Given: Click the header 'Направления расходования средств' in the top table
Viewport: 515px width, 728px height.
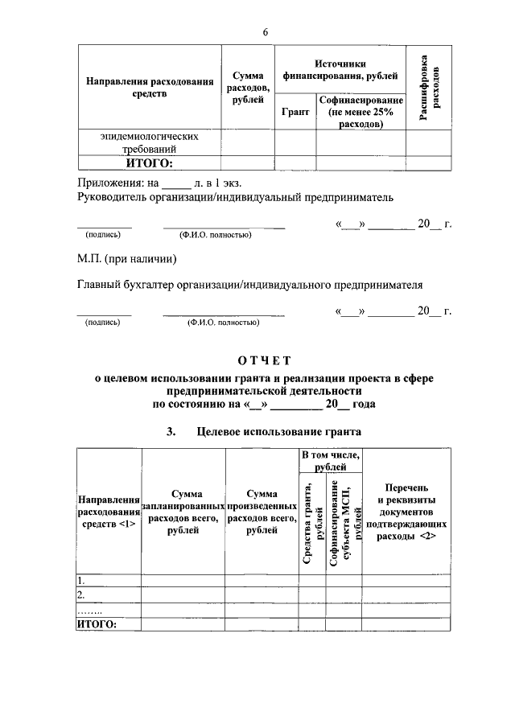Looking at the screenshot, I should tap(150, 88).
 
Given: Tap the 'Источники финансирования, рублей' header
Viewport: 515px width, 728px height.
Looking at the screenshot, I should tap(340, 70).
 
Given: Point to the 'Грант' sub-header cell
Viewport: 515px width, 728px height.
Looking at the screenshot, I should tap(295, 113).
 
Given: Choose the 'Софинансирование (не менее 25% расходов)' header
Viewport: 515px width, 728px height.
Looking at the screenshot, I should tap(360, 113).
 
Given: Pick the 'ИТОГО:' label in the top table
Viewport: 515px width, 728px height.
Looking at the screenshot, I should tap(150, 164).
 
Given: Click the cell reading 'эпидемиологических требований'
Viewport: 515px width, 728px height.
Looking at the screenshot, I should tap(150, 142).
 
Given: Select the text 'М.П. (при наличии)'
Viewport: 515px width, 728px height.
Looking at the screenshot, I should tap(126, 259).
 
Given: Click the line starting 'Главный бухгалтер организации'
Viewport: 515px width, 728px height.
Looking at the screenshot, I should tap(249, 284).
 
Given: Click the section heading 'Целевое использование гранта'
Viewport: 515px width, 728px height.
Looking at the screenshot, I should tap(278, 432).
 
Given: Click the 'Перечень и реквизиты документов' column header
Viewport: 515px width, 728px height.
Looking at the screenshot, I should tap(400, 511).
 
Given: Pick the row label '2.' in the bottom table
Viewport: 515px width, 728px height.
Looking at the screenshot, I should tap(81, 594).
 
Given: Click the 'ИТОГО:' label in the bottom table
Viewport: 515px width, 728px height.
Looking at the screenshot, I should tap(97, 624).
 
